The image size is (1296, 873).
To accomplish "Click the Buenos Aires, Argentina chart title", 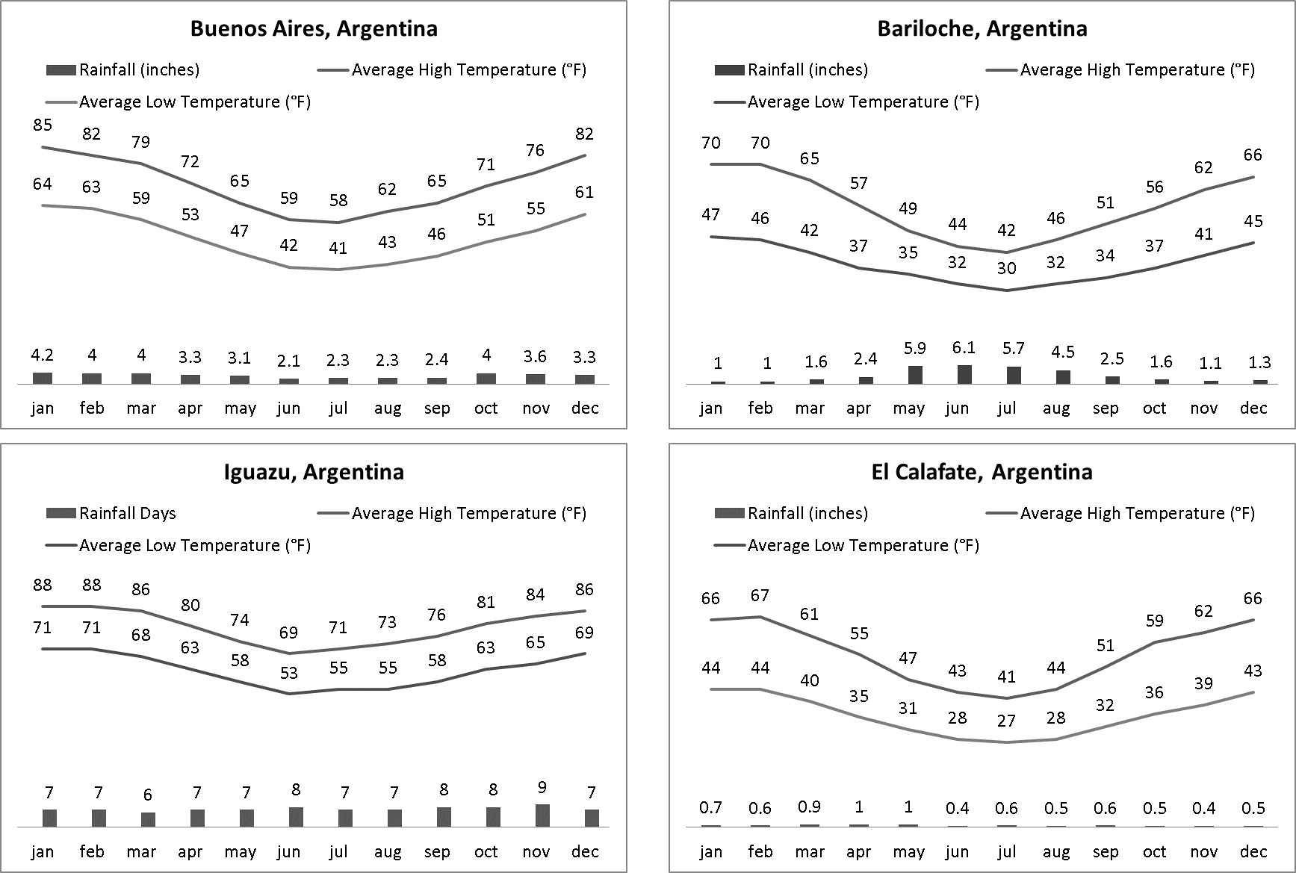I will tap(314, 28).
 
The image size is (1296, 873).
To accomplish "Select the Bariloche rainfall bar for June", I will tap(958, 374).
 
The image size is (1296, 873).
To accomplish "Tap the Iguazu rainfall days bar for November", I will tap(542, 815).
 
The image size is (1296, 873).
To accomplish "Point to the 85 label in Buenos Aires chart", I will tap(43, 125).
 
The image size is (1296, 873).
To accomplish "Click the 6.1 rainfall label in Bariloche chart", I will tap(958, 347).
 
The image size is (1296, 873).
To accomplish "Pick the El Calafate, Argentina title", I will tap(982, 472).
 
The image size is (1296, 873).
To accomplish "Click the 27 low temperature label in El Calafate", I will tap(1006, 721).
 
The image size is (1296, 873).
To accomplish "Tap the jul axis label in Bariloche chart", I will tap(1006, 408).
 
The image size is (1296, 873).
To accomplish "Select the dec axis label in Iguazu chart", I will tap(585, 851).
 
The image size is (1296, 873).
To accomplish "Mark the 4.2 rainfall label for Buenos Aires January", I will tap(43, 355).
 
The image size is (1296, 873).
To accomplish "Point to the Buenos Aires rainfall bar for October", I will tap(486, 379).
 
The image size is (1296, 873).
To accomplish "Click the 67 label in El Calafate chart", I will tap(760, 595).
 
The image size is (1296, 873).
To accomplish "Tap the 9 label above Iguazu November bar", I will tap(542, 787).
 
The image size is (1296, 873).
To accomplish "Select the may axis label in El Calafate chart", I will tap(908, 851).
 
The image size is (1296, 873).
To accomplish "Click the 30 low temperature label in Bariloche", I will tap(1006, 268).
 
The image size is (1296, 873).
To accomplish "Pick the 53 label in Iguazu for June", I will tap(288, 673).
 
